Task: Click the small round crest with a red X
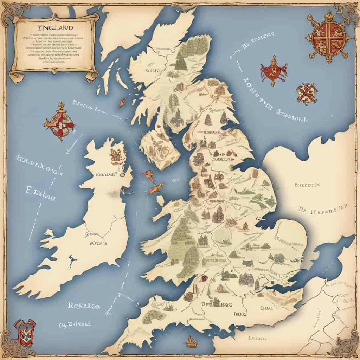[307, 94]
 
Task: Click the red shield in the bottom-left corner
[25, 332]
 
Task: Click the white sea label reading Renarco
[84, 306]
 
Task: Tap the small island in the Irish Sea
[160, 201]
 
